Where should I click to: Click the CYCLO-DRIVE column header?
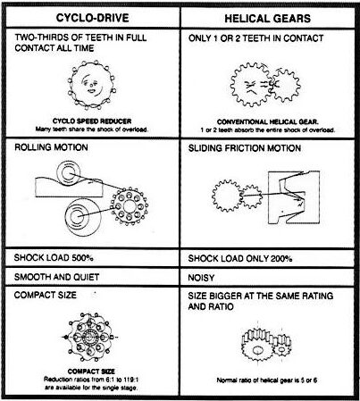pos(92,18)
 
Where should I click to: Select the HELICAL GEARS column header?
pos(267,19)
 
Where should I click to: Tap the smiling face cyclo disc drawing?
pos(92,85)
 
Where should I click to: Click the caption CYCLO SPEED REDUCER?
pos(92,121)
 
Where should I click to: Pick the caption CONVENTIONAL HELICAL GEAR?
pos(268,121)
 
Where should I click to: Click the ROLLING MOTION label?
pos(51,147)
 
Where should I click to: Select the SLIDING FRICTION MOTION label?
pos(245,148)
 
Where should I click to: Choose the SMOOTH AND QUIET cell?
pos(56,277)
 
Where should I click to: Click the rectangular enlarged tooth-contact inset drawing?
pos(294,197)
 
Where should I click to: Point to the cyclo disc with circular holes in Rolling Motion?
pos(130,206)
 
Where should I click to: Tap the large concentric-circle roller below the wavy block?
pos(83,217)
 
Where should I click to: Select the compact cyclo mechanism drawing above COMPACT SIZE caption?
pos(90,337)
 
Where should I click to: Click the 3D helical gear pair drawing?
pos(265,344)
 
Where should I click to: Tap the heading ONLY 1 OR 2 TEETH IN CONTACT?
pos(255,38)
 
